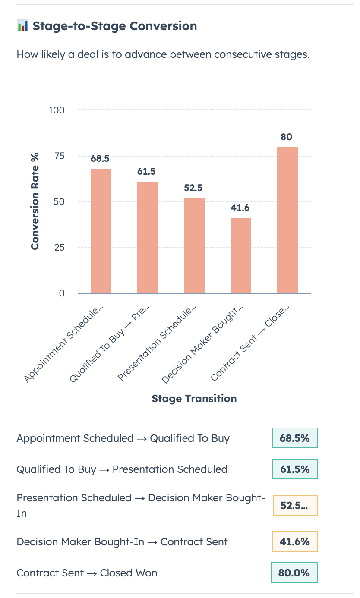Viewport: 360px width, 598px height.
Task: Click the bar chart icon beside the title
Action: coord(22,26)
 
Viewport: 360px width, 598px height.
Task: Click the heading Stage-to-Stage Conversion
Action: coord(114,26)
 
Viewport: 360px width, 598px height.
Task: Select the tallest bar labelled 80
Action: coord(287,220)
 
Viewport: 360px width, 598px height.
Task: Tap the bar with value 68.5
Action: coord(101,231)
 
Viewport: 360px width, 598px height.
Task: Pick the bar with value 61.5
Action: coord(147,237)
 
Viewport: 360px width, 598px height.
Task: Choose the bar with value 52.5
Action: coord(194,245)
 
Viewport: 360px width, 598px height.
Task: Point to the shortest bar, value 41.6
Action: coord(240,255)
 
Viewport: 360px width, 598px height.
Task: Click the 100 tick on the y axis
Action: coord(57,110)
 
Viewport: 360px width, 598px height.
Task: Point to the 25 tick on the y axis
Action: coord(59,248)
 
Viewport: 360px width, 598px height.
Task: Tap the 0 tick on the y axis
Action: coord(62,293)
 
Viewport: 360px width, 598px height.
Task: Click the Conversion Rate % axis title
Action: coord(35,201)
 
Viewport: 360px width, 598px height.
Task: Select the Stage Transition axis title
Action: coord(194,398)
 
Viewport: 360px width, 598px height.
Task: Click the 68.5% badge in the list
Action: coord(294,438)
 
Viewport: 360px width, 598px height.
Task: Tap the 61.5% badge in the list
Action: coord(294,469)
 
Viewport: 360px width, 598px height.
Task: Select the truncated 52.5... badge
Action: coord(294,505)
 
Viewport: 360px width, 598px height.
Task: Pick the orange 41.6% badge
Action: coord(294,541)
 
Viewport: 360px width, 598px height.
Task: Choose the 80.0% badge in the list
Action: coord(294,573)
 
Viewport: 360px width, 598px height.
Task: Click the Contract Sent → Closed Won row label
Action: coord(87,573)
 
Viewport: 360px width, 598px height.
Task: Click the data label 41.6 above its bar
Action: coord(240,208)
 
